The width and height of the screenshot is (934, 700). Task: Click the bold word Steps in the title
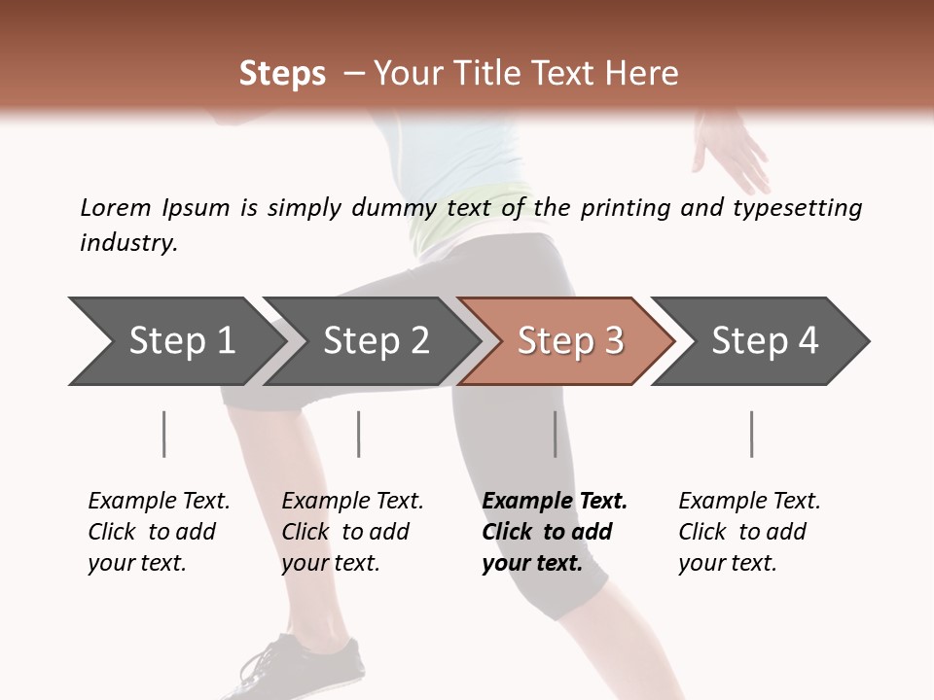click(282, 74)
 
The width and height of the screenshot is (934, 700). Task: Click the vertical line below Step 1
click(164, 434)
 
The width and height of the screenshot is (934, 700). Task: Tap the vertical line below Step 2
click(359, 434)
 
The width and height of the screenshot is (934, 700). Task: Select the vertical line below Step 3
click(556, 434)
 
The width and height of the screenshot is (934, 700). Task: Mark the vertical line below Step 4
click(752, 434)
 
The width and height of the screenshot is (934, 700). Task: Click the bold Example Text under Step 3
click(555, 502)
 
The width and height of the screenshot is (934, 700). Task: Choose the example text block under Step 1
click(159, 532)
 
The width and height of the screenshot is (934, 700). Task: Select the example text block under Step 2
click(352, 532)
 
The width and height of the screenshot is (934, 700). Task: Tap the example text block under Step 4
click(749, 532)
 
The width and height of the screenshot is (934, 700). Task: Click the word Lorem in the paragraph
click(116, 208)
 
